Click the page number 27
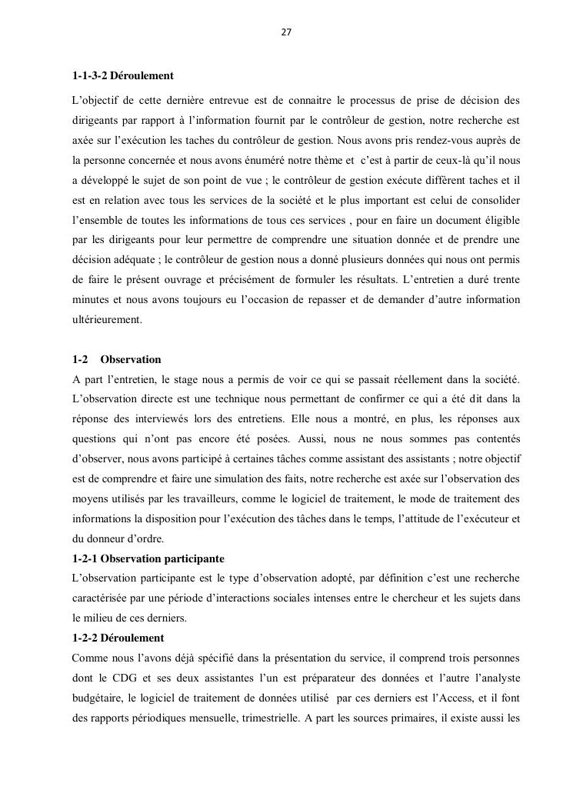pyautogui.click(x=286, y=33)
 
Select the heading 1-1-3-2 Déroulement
pyautogui.click(x=122, y=76)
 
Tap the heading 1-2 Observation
pyautogui.click(x=117, y=359)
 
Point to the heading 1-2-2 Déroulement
pyautogui.click(x=118, y=638)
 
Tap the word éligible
pyautogui.click(x=501, y=219)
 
